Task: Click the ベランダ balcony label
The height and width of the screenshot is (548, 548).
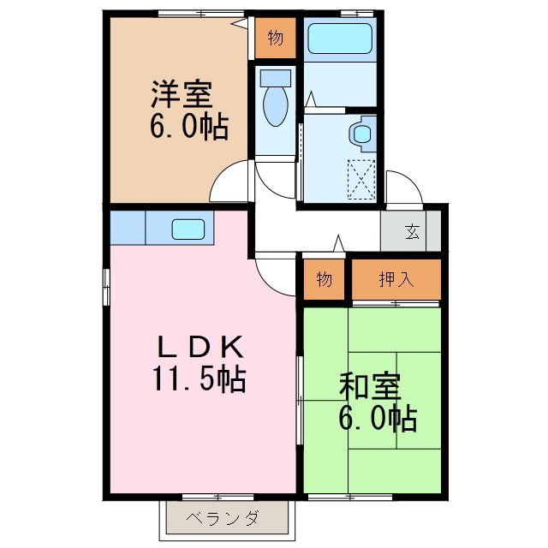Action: (223, 518)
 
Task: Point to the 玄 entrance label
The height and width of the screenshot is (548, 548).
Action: (412, 231)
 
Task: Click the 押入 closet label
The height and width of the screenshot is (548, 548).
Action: (396, 278)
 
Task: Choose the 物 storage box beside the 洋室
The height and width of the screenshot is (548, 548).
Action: (275, 39)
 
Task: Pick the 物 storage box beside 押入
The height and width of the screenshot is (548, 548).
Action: (324, 279)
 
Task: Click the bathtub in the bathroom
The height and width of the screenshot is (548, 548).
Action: (339, 38)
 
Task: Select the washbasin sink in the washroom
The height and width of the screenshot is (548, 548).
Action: (362, 133)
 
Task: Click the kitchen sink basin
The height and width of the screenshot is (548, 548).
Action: (188, 229)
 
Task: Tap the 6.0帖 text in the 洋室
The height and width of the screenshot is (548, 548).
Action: (189, 127)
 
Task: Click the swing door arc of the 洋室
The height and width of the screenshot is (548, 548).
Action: (229, 183)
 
